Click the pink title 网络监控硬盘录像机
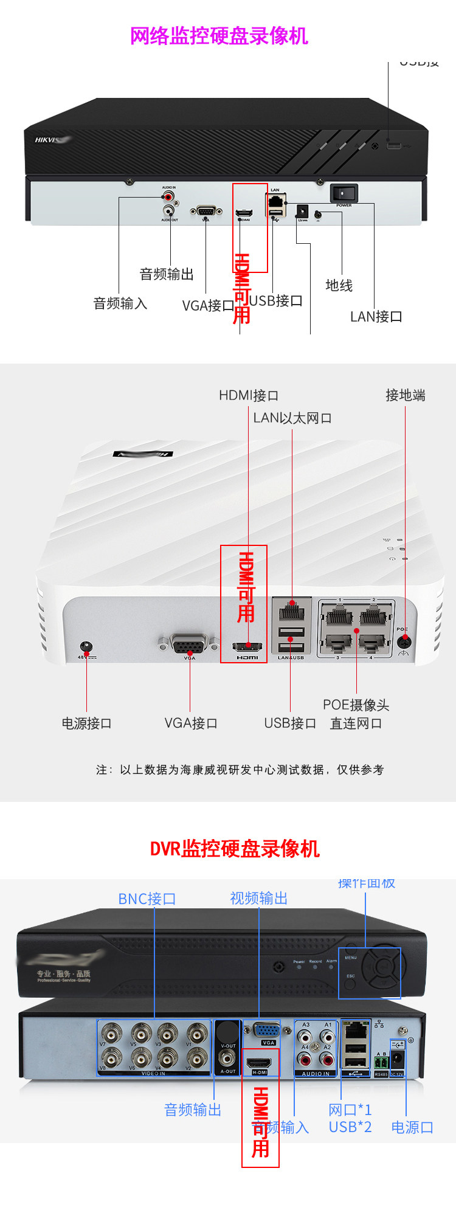[219, 36]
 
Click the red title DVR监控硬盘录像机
[235, 849]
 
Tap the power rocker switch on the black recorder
[344, 194]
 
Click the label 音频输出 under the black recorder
[167, 274]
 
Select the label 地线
[339, 285]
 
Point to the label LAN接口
[376, 317]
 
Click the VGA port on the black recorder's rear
[206, 211]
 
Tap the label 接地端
[405, 396]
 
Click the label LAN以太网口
[292, 418]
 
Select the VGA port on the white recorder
[189, 644]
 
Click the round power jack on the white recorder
[87, 647]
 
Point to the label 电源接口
[86, 724]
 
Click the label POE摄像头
[356, 705]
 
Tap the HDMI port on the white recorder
[247, 647]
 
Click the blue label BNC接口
[147, 899]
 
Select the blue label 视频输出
[258, 899]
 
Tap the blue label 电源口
[412, 1128]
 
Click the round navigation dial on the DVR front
[381, 966]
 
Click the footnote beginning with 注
[240, 770]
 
